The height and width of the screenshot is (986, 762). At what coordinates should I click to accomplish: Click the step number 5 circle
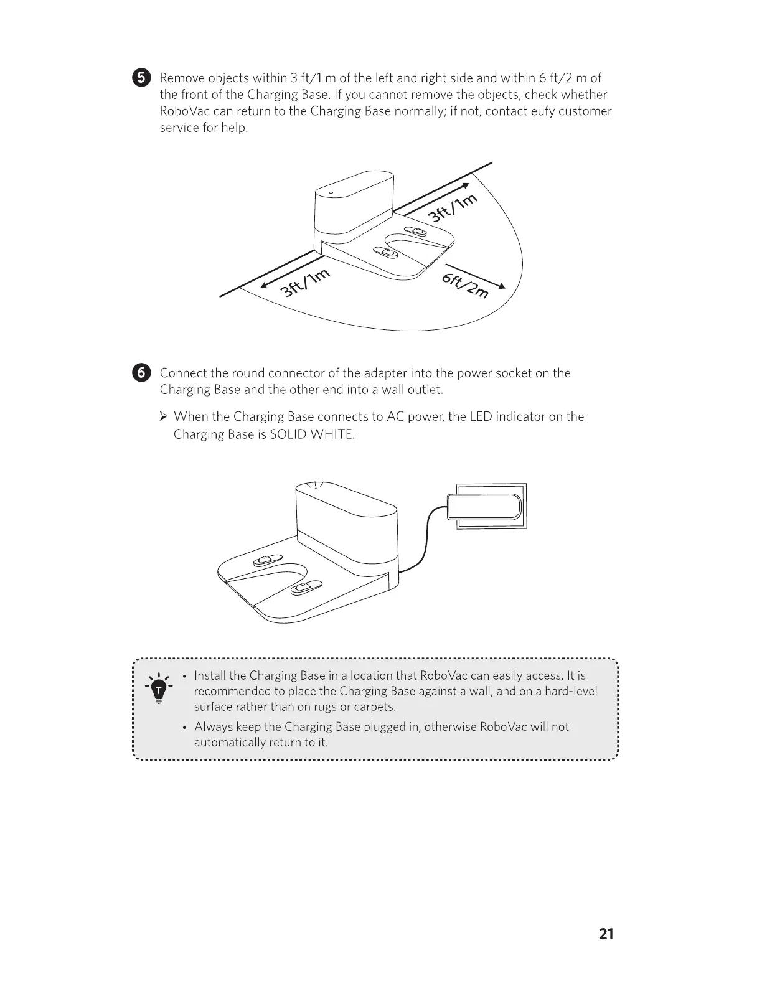click(141, 78)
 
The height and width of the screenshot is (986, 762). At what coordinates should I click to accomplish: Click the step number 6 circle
click(141, 373)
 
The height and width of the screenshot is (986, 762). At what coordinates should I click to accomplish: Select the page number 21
click(606, 934)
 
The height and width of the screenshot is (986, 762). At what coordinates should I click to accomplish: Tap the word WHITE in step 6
click(334, 434)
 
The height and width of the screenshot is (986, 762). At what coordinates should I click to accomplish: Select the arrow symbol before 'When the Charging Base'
click(164, 416)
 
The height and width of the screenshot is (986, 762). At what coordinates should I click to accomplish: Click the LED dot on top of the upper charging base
click(331, 192)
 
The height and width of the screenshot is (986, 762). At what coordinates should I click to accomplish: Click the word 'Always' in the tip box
click(214, 726)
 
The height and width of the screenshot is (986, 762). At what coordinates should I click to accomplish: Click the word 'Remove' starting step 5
click(182, 78)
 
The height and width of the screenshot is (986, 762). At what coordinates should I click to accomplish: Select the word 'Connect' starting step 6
click(183, 373)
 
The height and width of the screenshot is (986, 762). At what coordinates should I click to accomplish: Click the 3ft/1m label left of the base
click(304, 284)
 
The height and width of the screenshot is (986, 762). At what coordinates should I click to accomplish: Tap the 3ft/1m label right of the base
click(453, 208)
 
